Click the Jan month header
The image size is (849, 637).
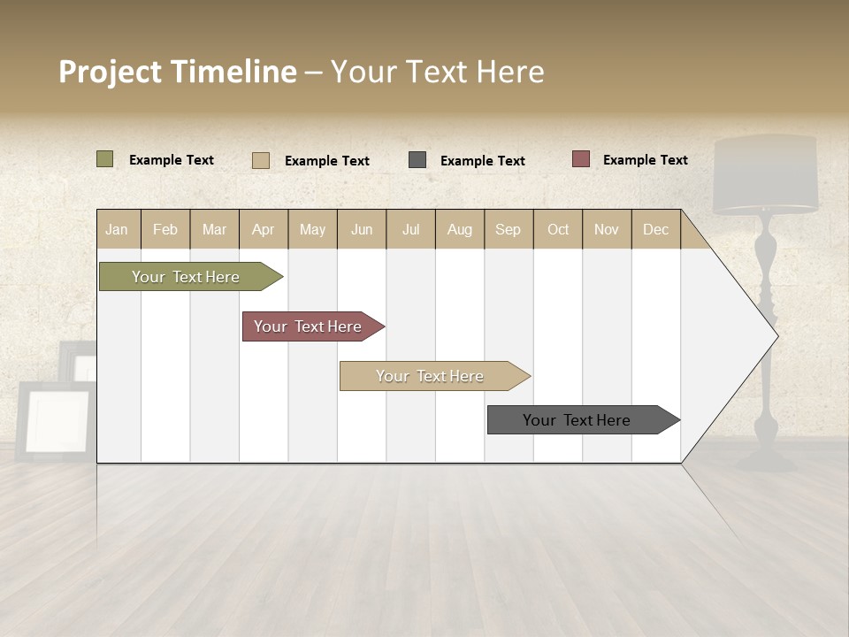coord(117,229)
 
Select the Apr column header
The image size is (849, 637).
coord(263,229)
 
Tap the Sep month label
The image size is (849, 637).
coord(508,229)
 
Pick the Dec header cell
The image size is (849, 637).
coord(655,229)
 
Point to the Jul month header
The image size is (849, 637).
coord(410,229)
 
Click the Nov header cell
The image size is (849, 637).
coord(606,229)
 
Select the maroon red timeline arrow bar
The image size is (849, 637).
coord(310,326)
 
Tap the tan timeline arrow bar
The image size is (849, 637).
coord(432,376)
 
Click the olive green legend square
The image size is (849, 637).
coord(104,159)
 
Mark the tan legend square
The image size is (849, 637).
coord(260,160)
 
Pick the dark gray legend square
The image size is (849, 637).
coord(417,160)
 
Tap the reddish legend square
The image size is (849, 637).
coord(580,159)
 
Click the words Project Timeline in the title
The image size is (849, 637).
coord(177,72)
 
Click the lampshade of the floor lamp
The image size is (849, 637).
coord(766,175)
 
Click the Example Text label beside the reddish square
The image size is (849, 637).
coord(645,159)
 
